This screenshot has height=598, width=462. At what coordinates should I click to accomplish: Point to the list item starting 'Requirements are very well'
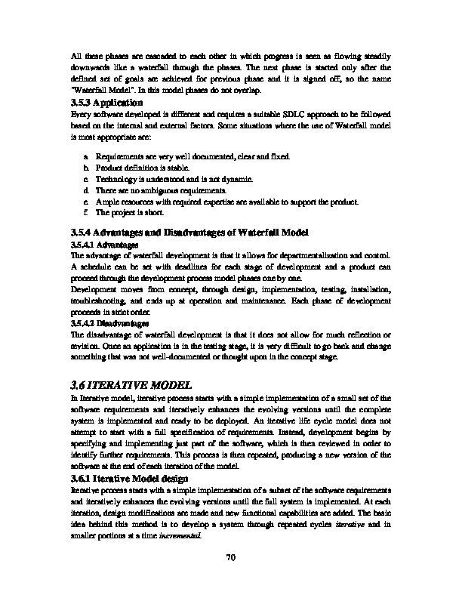click(x=192, y=155)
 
